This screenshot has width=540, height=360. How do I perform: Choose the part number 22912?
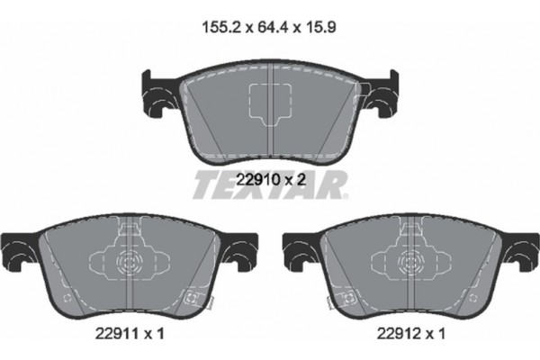point(401,334)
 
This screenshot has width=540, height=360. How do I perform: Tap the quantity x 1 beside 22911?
point(158,334)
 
